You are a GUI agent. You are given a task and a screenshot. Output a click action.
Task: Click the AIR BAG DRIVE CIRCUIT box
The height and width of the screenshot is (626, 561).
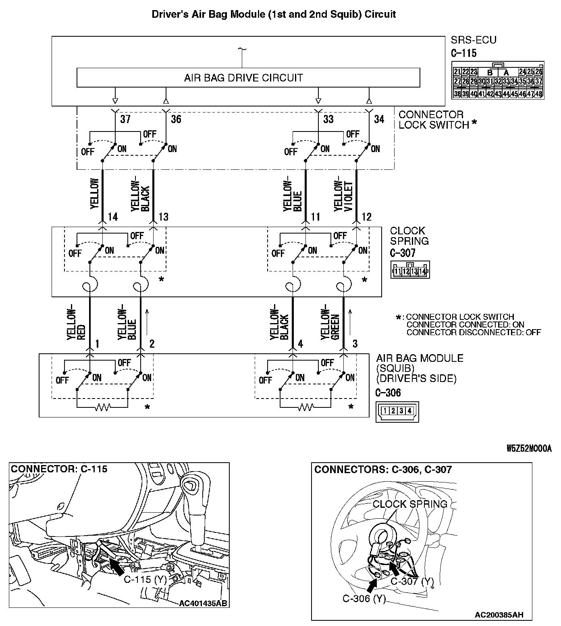click(248, 77)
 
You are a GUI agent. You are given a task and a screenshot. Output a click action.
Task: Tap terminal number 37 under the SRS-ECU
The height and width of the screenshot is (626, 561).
click(125, 119)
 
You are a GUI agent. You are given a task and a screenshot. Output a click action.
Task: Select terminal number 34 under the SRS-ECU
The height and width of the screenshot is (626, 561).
click(379, 119)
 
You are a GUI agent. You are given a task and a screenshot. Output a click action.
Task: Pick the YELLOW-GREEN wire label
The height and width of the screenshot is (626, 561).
click(330, 323)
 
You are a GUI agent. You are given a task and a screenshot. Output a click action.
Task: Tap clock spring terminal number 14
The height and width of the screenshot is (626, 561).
click(113, 217)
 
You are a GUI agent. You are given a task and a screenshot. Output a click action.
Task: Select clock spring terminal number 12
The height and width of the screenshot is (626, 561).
click(366, 217)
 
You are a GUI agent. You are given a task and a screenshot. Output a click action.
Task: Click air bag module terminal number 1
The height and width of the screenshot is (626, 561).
click(97, 344)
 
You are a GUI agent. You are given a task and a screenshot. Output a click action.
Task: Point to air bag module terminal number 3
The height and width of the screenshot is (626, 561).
click(355, 344)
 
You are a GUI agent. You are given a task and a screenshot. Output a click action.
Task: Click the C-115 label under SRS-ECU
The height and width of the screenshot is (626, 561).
click(463, 53)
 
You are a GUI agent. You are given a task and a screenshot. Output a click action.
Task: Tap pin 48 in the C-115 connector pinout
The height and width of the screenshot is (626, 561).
click(538, 94)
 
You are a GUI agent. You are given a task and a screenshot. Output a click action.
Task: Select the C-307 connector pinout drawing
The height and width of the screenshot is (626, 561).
click(410, 270)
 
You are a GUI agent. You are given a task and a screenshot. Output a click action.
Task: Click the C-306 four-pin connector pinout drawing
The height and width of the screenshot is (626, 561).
click(397, 411)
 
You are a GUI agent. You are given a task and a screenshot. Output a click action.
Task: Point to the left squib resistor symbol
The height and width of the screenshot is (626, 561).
click(102, 408)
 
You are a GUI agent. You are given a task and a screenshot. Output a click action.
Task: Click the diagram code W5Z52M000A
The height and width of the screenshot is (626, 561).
click(529, 449)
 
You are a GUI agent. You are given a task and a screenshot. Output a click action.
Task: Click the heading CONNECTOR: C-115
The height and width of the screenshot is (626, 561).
click(59, 469)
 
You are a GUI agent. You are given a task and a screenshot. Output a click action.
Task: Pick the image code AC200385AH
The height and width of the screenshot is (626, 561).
click(499, 615)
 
